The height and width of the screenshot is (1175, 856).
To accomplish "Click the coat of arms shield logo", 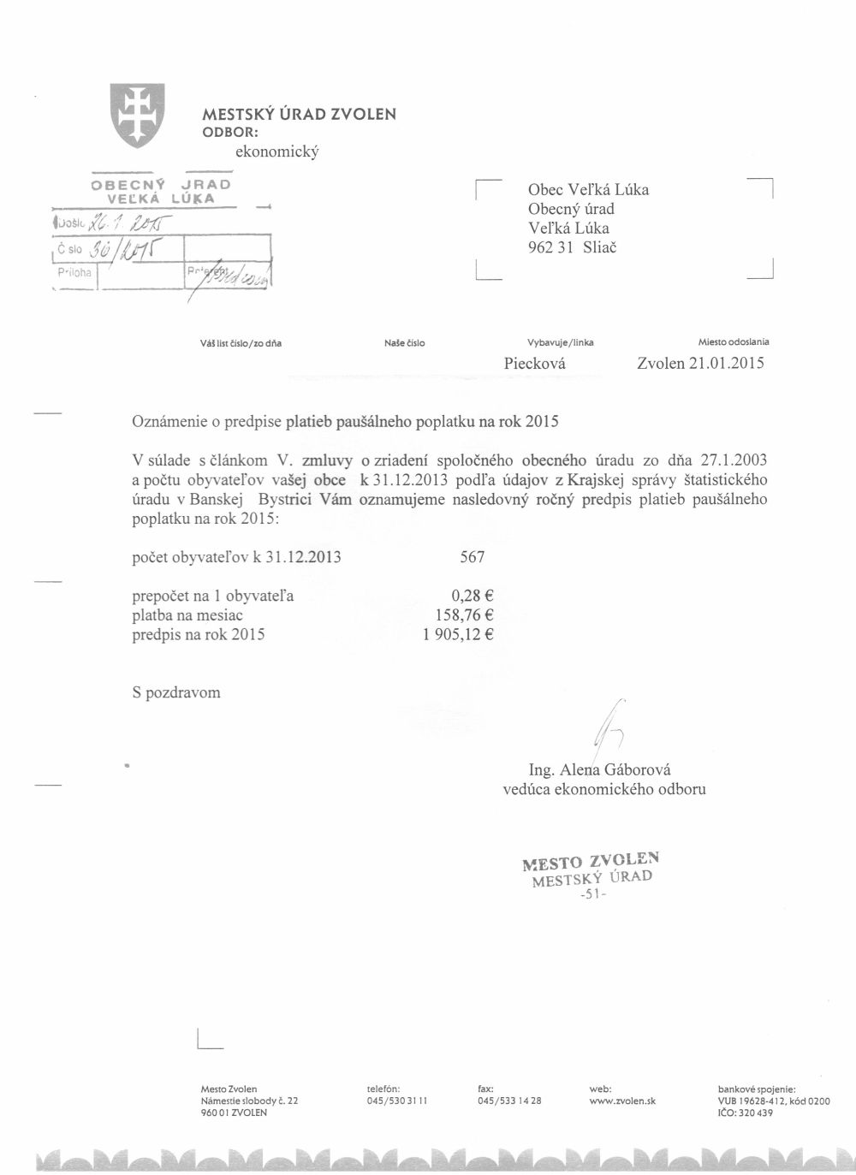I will [x=137, y=115].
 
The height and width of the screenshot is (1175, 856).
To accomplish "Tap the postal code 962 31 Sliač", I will [x=572, y=247].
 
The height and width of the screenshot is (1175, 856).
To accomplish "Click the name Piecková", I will [x=535, y=364].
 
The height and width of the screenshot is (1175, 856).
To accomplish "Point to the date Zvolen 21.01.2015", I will [x=700, y=364].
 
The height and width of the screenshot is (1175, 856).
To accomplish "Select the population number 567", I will [x=473, y=558].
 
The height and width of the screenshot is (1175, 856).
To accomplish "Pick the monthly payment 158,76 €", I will [x=465, y=616].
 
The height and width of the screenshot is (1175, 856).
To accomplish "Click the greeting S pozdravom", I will [x=175, y=692].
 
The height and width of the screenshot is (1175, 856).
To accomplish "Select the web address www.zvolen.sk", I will [x=622, y=1101].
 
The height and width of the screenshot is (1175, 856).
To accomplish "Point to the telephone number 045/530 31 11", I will [x=397, y=1101].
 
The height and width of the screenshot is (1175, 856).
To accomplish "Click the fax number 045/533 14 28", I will [x=509, y=1101].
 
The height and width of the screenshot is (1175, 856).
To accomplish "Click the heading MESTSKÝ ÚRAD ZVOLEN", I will [x=299, y=114].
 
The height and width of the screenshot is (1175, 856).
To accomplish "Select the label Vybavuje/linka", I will [x=561, y=342].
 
